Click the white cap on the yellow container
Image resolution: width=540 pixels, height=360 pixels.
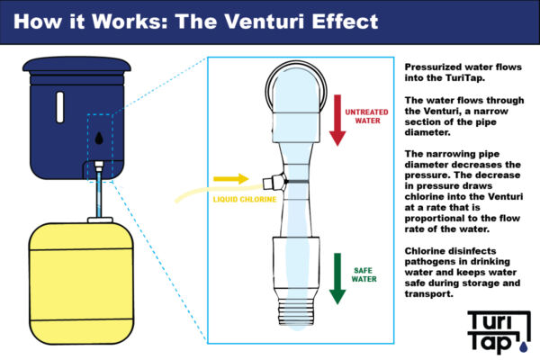98,219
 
